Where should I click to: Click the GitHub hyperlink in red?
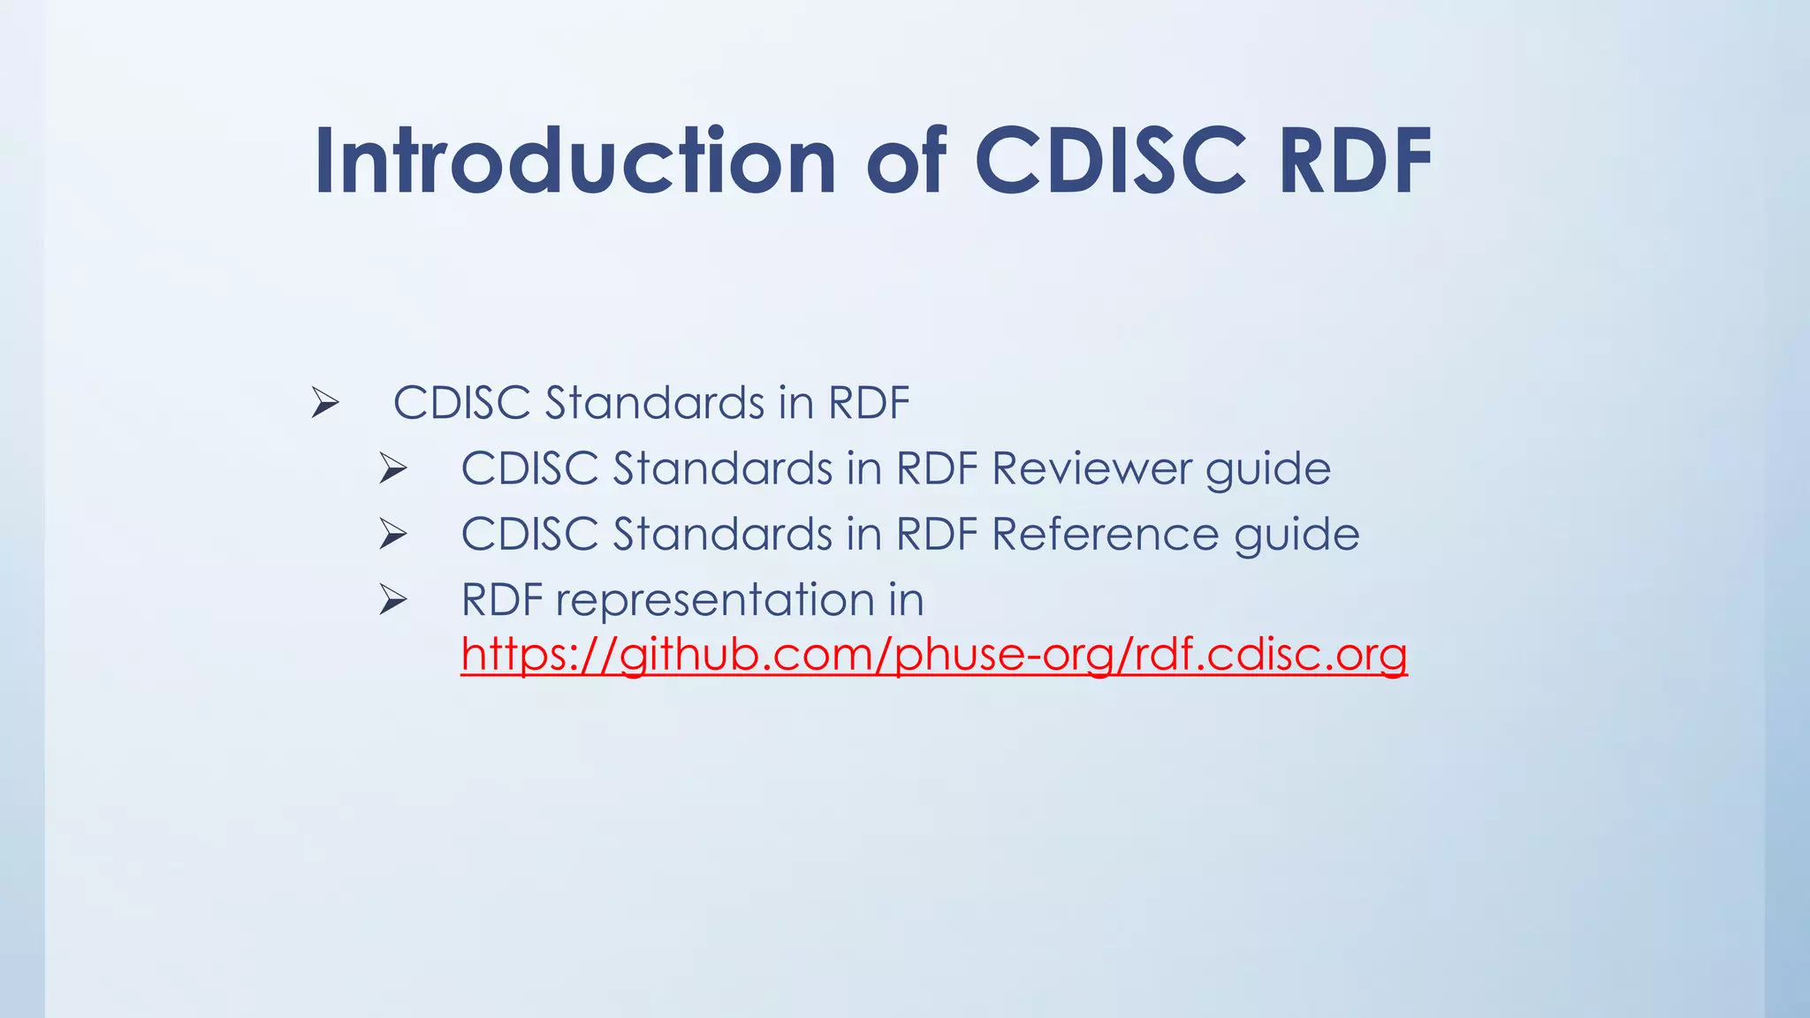click(x=933, y=655)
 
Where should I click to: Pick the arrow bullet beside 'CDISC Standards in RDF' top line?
click(x=325, y=404)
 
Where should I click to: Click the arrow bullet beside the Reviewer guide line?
click(x=393, y=469)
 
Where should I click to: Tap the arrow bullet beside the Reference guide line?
click(x=393, y=535)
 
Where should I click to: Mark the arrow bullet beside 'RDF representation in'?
click(x=393, y=601)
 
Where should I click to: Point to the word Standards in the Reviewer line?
click(x=722, y=468)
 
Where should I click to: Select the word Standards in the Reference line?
click(x=722, y=535)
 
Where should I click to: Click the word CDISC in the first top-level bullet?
click(x=461, y=403)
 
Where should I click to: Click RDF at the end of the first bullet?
click(x=869, y=403)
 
